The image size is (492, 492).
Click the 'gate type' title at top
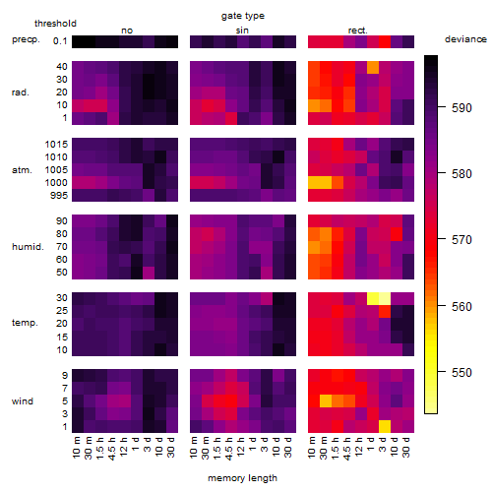click(x=243, y=16)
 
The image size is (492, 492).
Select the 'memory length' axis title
click(x=242, y=478)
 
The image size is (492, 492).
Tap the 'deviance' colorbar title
click(x=465, y=39)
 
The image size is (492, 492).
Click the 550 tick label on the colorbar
click(x=461, y=373)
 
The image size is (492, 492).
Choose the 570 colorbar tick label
click(x=461, y=240)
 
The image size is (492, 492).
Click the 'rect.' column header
click(x=357, y=31)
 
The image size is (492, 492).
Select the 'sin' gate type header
click(x=242, y=31)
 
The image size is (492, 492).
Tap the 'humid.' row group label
click(x=28, y=247)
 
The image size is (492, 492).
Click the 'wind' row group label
click(x=23, y=401)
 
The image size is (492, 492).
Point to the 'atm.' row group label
click(x=22, y=170)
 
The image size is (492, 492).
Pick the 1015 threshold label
click(x=56, y=145)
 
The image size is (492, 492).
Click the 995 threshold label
click(x=59, y=196)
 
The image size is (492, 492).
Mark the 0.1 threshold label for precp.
click(x=60, y=41)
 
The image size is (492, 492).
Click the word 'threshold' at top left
click(x=55, y=24)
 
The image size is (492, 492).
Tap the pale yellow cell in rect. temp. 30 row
click(x=385, y=298)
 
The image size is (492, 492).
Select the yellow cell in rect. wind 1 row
click(x=385, y=426)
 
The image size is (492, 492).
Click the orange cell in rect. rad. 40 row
click(x=373, y=67)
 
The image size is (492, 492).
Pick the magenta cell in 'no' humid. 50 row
click(x=149, y=273)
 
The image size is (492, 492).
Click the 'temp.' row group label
click(x=25, y=323)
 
